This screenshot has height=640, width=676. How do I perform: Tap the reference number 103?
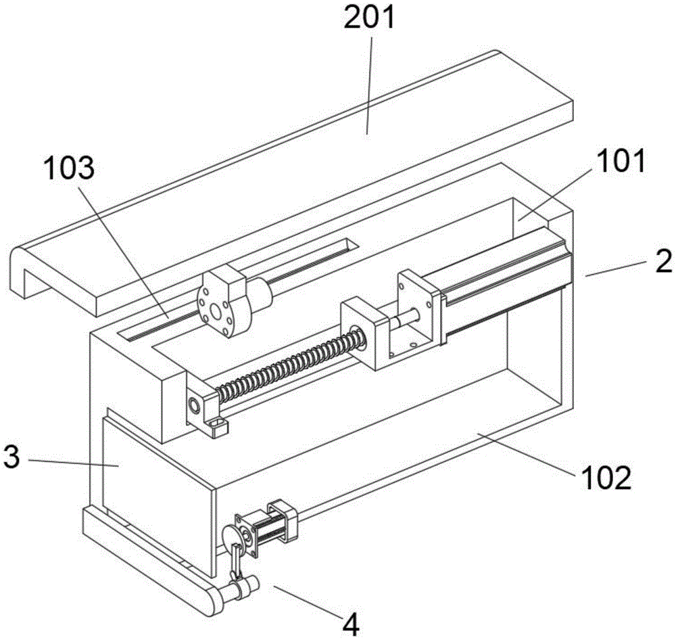pos(69,168)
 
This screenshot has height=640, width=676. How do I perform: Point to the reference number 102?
pos(606,478)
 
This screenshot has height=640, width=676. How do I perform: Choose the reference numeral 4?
pos(352,625)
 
